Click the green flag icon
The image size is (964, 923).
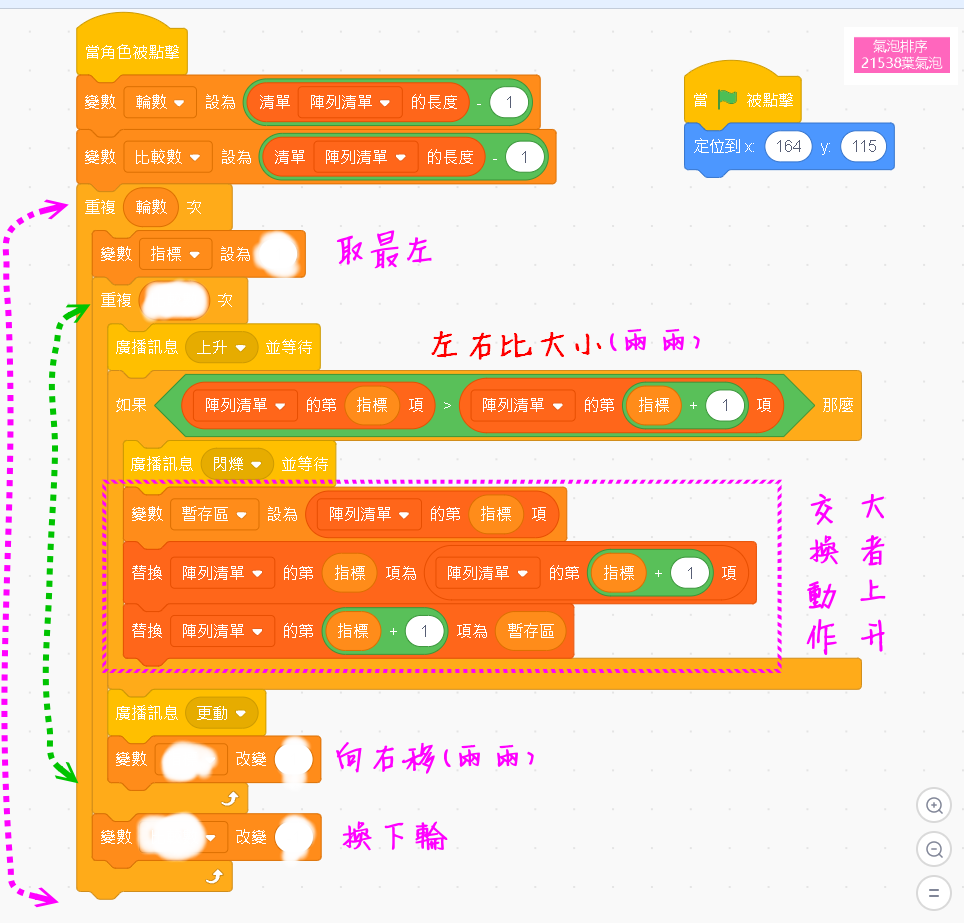coord(727,100)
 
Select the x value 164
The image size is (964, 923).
coord(788,146)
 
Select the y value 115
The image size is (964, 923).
coord(864,146)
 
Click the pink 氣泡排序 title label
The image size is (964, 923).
coord(900,55)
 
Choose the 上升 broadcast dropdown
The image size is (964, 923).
coord(222,347)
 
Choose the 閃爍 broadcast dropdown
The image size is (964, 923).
coord(237,464)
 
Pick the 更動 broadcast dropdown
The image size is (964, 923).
coord(221,713)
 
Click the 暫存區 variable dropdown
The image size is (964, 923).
coord(213,514)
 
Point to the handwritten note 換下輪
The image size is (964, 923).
coord(394,836)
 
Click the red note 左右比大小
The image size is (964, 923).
coord(565,343)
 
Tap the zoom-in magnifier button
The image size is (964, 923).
coord(934,805)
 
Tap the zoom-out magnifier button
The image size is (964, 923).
coord(934,849)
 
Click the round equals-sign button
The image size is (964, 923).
coord(934,892)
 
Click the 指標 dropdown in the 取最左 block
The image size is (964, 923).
coord(175,254)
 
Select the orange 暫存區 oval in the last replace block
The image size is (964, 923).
coord(530,631)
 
